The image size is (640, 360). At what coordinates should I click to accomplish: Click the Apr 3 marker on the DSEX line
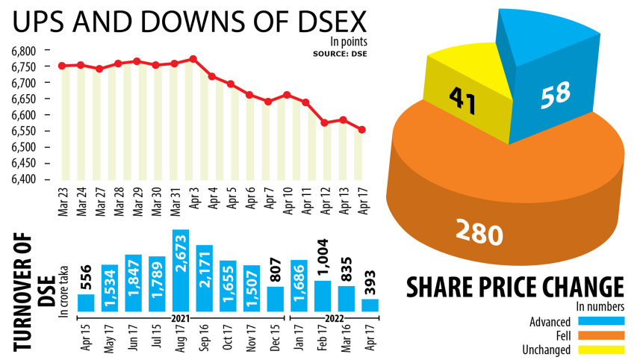[x=193, y=58]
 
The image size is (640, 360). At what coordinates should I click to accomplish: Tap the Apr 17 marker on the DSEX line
[x=362, y=130]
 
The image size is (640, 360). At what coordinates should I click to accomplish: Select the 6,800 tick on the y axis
[x=24, y=51]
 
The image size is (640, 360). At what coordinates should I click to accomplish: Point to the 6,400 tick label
[x=24, y=179]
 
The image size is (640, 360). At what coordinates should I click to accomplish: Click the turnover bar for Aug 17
[x=181, y=270]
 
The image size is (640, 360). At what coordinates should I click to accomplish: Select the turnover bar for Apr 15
[x=86, y=302]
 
